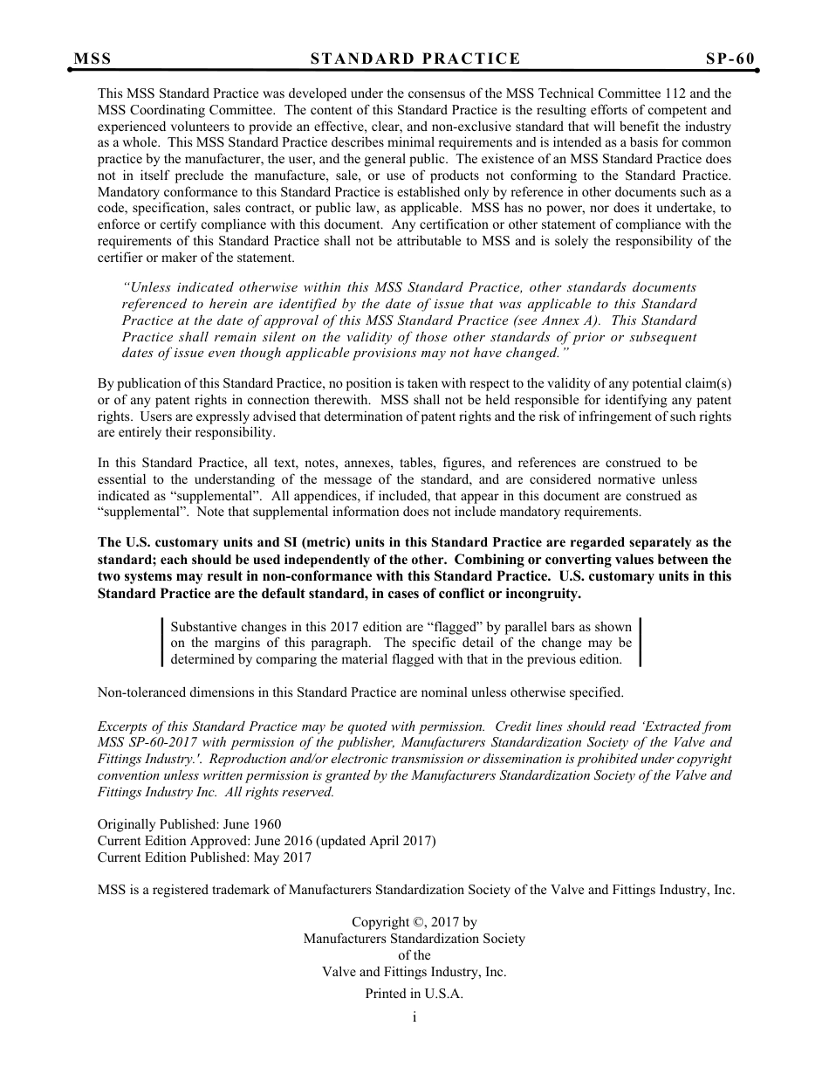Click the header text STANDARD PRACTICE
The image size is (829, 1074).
tap(414, 59)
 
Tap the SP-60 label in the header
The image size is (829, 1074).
tap(730, 59)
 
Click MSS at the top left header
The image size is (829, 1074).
tap(92, 59)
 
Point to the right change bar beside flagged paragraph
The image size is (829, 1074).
tap(641, 643)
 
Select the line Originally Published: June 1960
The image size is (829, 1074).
tap(189, 824)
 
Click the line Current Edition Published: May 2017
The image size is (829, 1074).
tap(204, 857)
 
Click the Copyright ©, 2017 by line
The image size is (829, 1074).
tap(414, 922)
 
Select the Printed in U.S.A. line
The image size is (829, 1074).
tap(414, 994)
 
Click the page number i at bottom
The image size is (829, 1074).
tap(414, 1017)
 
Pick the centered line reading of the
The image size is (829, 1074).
tap(414, 955)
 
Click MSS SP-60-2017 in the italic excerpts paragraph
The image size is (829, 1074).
tap(141, 743)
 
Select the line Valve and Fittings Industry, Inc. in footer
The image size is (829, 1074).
tap(414, 972)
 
